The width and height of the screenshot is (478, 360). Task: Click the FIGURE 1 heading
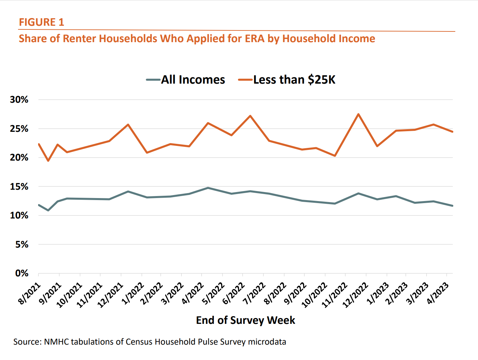(41, 22)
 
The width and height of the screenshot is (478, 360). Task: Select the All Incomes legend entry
(186, 80)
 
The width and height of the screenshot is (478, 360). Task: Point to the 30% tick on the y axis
(19, 100)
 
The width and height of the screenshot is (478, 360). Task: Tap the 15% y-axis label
(19, 187)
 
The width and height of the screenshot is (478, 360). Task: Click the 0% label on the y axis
(22, 273)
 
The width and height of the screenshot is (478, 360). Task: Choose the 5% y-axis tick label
(22, 245)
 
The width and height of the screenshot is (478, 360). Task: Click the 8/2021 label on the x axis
(29, 293)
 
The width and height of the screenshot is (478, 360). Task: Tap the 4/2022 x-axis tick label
(193, 293)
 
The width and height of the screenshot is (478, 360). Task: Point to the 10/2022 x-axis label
(314, 295)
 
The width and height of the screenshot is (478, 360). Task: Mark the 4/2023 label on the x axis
(438, 293)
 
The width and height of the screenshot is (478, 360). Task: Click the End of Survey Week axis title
(245, 320)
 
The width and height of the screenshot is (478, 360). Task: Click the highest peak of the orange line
(358, 114)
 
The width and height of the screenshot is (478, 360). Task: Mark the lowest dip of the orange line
(48, 161)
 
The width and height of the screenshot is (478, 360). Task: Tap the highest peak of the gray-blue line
(208, 188)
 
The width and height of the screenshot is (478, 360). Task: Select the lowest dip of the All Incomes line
(48, 210)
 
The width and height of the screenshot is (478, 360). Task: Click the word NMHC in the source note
(56, 342)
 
